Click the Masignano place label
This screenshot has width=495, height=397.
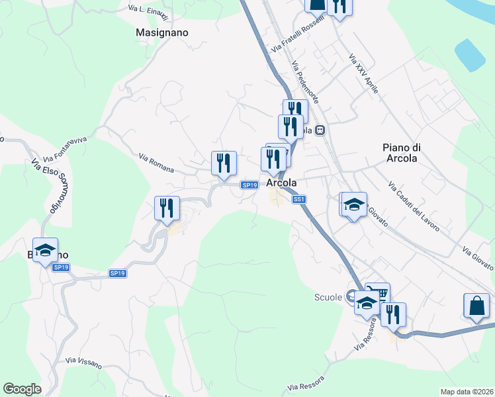coord(161,32)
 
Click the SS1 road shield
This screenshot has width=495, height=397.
coord(298,198)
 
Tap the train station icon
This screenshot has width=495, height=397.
coord(320,130)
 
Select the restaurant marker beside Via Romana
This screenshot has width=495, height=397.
coord(224,163)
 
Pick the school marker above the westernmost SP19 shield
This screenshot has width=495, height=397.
coord(45,250)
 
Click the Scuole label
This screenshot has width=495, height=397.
coord(327,297)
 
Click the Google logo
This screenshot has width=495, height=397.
coord(22,388)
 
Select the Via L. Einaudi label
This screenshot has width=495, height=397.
coord(148,12)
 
